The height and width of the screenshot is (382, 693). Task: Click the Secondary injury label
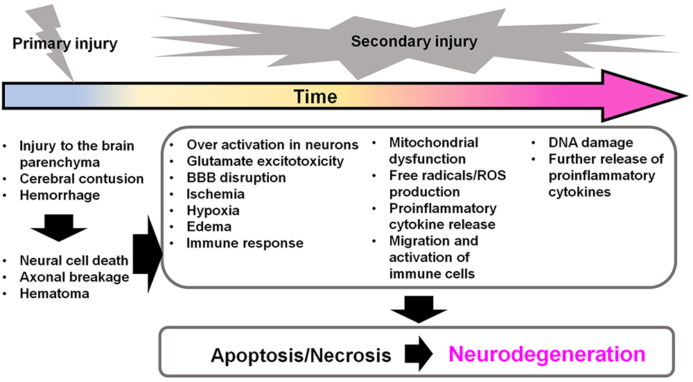tap(414, 42)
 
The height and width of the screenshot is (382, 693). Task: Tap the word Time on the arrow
tap(316, 96)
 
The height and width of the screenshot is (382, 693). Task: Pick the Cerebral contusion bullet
tap(82, 180)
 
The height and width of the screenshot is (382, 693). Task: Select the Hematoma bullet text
tap(49, 293)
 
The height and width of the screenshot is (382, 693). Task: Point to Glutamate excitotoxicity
tap(265, 161)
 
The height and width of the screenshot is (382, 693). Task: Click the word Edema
tap(209, 227)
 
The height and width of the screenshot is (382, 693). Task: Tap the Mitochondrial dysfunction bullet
tap(434, 151)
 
